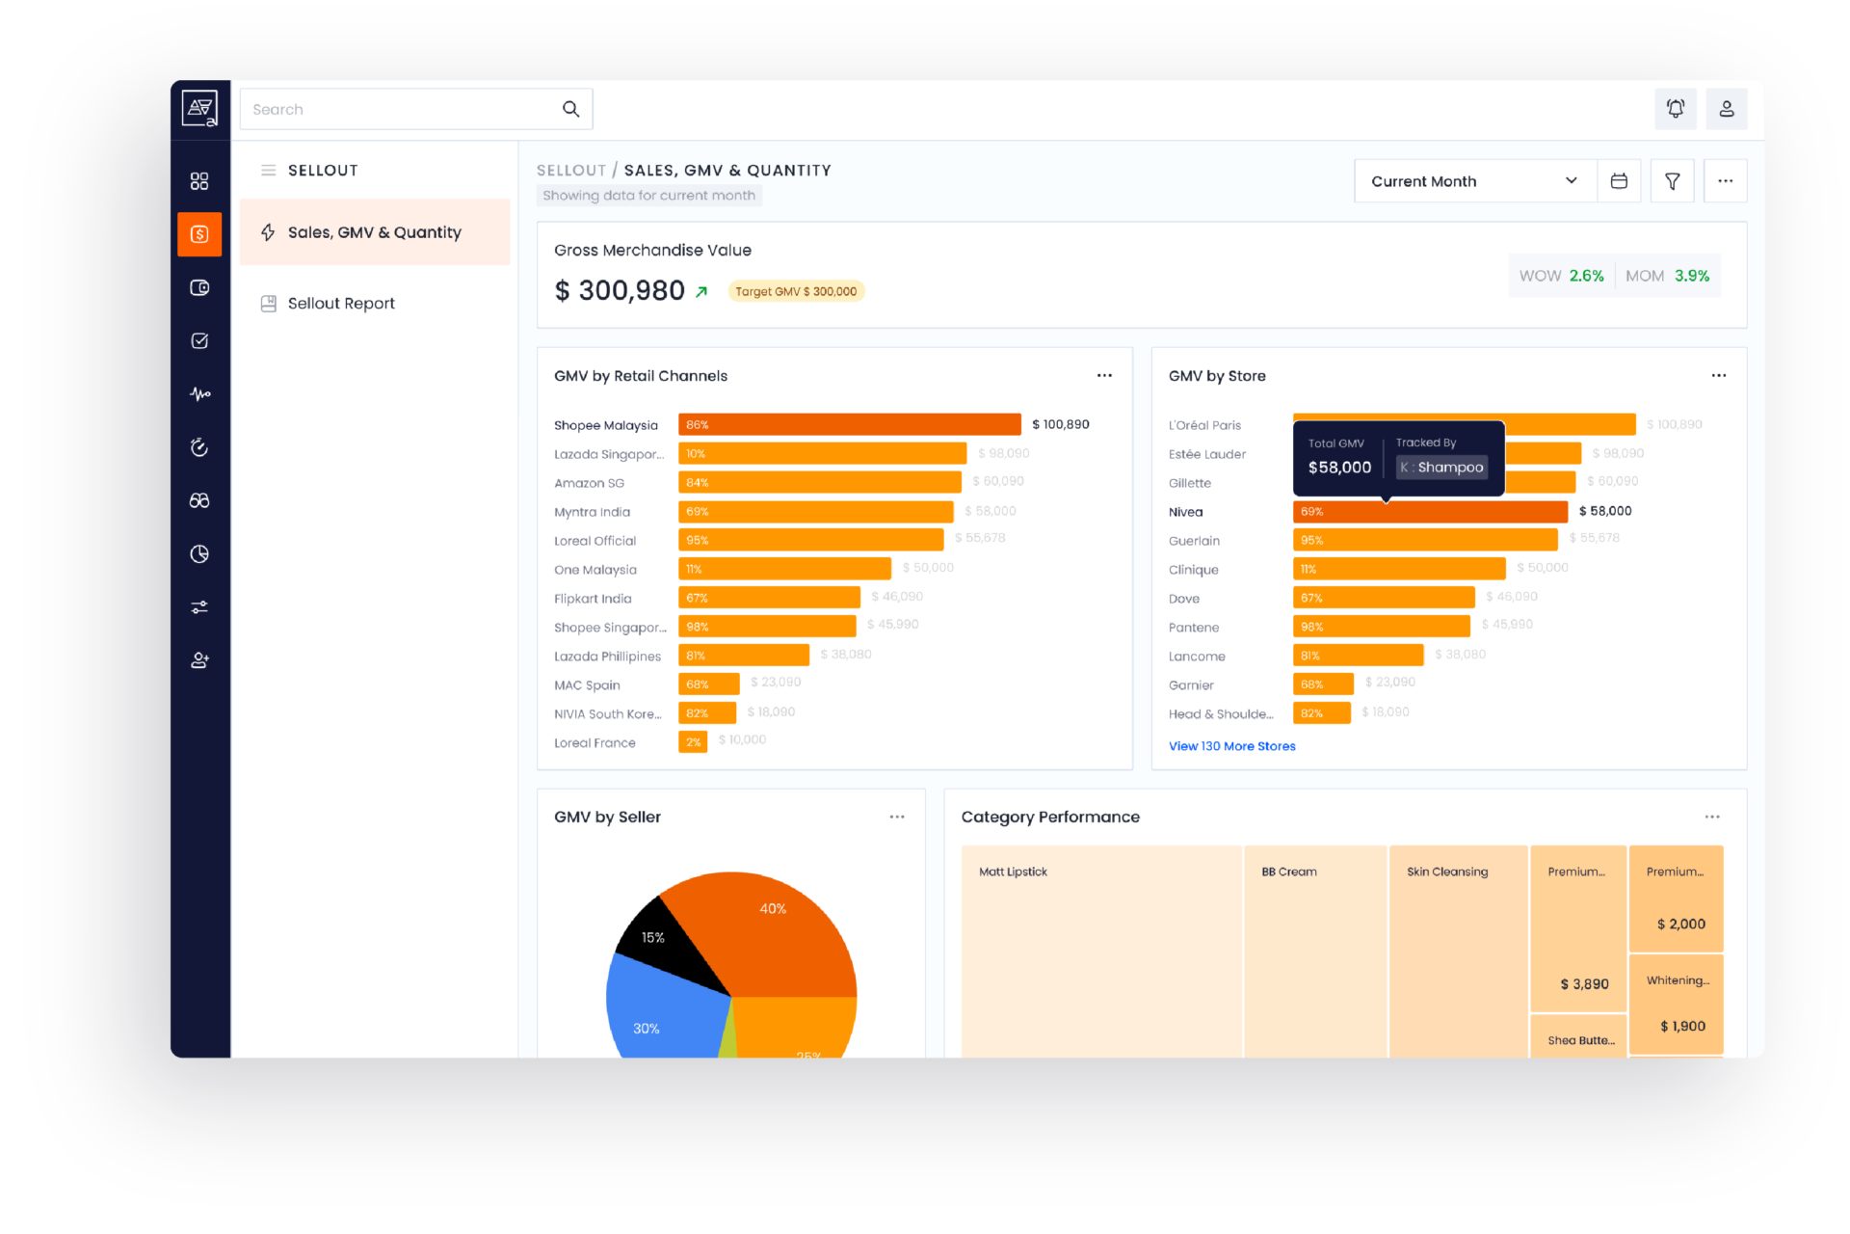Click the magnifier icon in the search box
pos(570,109)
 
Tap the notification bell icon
pos(1676,109)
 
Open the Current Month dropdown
pos(1474,181)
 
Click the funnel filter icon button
pos(1672,181)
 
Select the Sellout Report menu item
pos(341,304)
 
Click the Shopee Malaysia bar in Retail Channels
pos(849,424)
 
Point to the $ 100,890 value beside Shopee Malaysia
pos(1060,424)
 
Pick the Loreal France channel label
pos(595,743)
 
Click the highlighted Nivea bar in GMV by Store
pos(1430,512)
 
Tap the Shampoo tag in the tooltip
pos(1442,468)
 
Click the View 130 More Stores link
pos(1231,746)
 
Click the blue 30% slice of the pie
pos(655,1022)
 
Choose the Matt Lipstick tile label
pos(1013,872)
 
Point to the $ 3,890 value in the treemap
pos(1584,984)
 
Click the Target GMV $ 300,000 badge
pos(796,291)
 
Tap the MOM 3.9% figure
pos(1668,276)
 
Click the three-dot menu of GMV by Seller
pos(897,818)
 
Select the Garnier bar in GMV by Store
pos(1323,684)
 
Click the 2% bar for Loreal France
pos(693,742)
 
